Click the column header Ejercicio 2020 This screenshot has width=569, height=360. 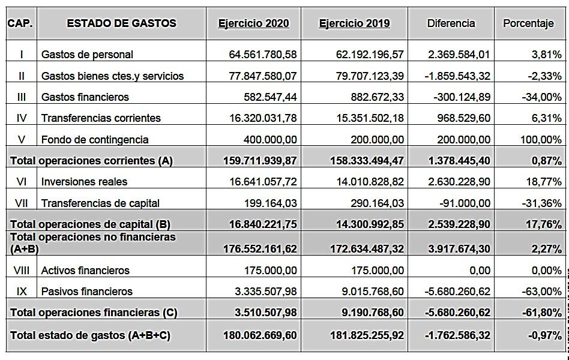point(253,23)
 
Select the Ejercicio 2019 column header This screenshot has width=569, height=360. point(354,23)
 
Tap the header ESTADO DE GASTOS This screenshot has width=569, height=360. point(121,23)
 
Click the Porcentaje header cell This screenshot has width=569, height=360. point(528,23)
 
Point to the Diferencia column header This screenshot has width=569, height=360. point(451,23)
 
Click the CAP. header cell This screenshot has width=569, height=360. point(20,23)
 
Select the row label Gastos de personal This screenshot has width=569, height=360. point(87,55)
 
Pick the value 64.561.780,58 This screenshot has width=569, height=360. point(262,55)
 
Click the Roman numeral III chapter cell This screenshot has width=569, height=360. point(22,97)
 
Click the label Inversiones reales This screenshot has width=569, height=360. point(84,182)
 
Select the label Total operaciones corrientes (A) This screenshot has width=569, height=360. point(91,161)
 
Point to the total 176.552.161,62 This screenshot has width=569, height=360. point(259,248)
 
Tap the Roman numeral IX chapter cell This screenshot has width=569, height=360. point(22,292)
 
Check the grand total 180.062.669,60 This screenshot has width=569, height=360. point(259,335)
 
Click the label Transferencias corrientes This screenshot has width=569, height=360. point(101,118)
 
